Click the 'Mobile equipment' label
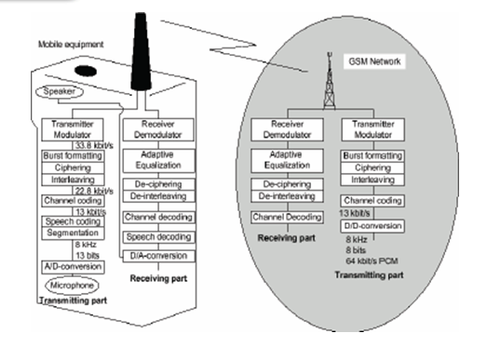(70, 44)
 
